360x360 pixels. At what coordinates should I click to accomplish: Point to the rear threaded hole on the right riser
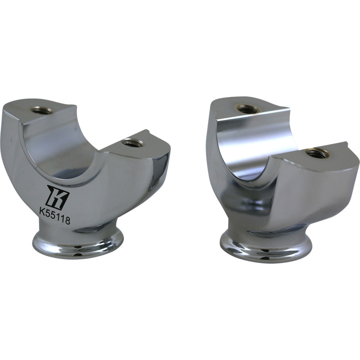point(247,109)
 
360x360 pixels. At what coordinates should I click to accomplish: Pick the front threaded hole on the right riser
point(317,153)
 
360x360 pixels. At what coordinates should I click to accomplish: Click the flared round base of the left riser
point(78,245)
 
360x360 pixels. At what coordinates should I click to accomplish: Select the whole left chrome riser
point(85,180)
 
